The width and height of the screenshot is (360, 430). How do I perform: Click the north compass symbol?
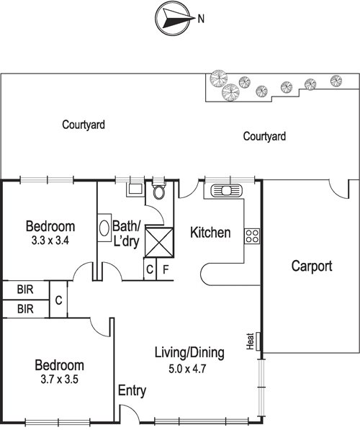(x=173, y=19)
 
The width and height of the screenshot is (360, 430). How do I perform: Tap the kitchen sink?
(x=227, y=190)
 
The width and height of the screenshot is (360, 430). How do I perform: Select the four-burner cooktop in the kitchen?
(x=252, y=236)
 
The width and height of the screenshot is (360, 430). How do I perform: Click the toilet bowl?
(x=159, y=192)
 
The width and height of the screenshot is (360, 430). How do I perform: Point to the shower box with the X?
(x=159, y=243)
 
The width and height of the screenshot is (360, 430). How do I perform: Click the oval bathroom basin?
(x=104, y=228)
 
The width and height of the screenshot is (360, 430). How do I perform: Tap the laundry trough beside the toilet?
(x=135, y=189)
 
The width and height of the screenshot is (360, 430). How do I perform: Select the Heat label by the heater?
(x=250, y=341)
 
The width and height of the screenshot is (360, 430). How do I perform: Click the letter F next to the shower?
(x=166, y=269)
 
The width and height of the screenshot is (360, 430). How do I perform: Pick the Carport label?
(x=312, y=266)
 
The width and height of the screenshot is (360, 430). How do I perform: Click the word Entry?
(x=132, y=390)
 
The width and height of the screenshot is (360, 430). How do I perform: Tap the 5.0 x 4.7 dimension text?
(x=187, y=369)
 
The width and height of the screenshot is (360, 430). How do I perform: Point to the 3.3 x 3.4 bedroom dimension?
(x=50, y=241)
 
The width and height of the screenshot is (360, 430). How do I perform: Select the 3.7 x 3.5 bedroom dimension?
(x=60, y=380)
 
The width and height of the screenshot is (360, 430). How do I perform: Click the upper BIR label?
(x=25, y=290)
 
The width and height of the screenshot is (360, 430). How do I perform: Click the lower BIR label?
(x=25, y=309)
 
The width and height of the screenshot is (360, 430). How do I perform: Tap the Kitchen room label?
(x=210, y=233)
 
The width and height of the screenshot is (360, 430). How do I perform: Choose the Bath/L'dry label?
(x=127, y=234)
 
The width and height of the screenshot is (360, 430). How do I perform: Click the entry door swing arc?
(x=135, y=409)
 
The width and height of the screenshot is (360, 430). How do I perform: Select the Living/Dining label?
(x=189, y=353)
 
